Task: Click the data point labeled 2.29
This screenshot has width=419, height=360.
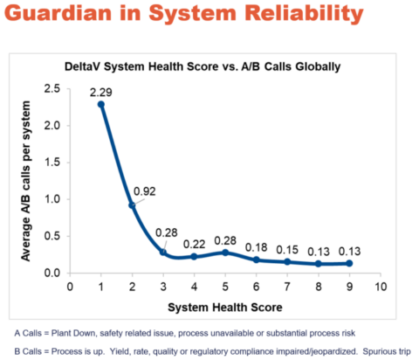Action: [100, 104]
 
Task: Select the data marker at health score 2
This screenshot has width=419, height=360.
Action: [132, 205]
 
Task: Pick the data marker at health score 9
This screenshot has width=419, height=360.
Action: [349, 263]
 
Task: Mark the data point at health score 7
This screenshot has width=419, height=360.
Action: [287, 261]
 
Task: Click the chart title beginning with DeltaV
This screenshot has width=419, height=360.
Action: [213, 66]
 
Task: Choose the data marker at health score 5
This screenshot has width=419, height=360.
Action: [225, 253]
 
